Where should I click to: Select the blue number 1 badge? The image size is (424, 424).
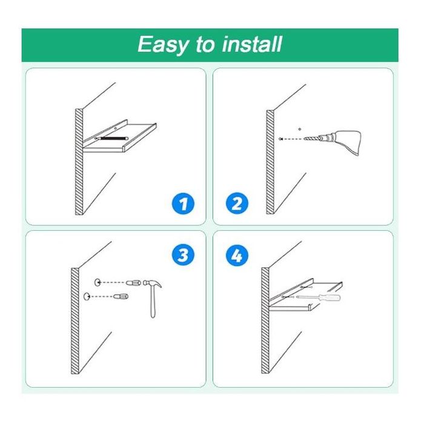[183, 204]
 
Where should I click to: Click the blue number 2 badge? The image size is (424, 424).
[237, 204]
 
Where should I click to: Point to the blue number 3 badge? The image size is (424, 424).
[183, 255]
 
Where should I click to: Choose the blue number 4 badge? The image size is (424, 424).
[237, 255]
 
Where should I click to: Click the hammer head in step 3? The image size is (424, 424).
[152, 284]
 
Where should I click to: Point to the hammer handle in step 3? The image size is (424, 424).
[153, 302]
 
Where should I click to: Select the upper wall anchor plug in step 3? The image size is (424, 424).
[133, 283]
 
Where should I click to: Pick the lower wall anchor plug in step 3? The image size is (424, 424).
[121, 296]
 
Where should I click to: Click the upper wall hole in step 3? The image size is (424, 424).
[97, 282]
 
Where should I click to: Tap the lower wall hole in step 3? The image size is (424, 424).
[87, 297]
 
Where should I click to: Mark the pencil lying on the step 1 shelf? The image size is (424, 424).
[111, 138]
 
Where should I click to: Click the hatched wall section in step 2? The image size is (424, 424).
[270, 162]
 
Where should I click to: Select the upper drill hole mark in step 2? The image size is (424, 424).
[300, 129]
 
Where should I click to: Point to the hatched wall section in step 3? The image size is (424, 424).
[75, 321]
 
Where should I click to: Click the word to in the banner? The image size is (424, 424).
[205, 45]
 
